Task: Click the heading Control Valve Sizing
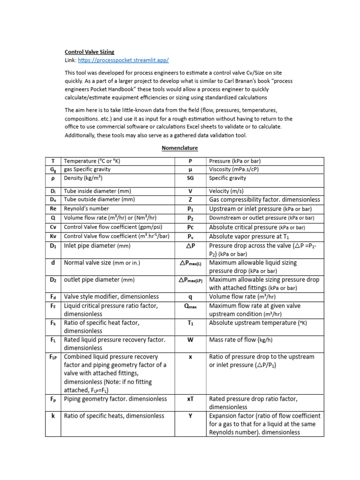pos(89,52)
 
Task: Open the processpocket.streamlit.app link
pos(123,60)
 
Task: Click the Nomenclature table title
pos(180,148)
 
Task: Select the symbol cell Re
pos(53,209)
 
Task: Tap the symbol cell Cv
pos(53,227)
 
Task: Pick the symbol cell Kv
pos(53,236)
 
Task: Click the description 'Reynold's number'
pos(86,209)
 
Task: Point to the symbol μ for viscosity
pos(190,169)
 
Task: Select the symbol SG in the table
pos(190,178)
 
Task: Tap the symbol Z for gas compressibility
pos(190,200)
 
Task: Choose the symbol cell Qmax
pos(190,306)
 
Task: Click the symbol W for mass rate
pos(190,340)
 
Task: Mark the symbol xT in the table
pos(190,399)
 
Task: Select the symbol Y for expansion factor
pos(190,416)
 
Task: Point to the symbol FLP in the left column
pos(53,357)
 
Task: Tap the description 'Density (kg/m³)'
pos(83,178)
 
